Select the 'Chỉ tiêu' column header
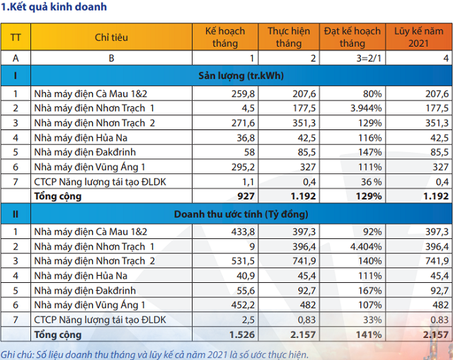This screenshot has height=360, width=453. [x=110, y=37]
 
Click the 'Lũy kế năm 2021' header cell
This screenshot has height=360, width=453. [x=421, y=37]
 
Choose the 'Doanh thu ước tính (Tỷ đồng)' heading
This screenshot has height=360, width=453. [x=242, y=214]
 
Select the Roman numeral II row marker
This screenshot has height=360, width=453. [x=15, y=214]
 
